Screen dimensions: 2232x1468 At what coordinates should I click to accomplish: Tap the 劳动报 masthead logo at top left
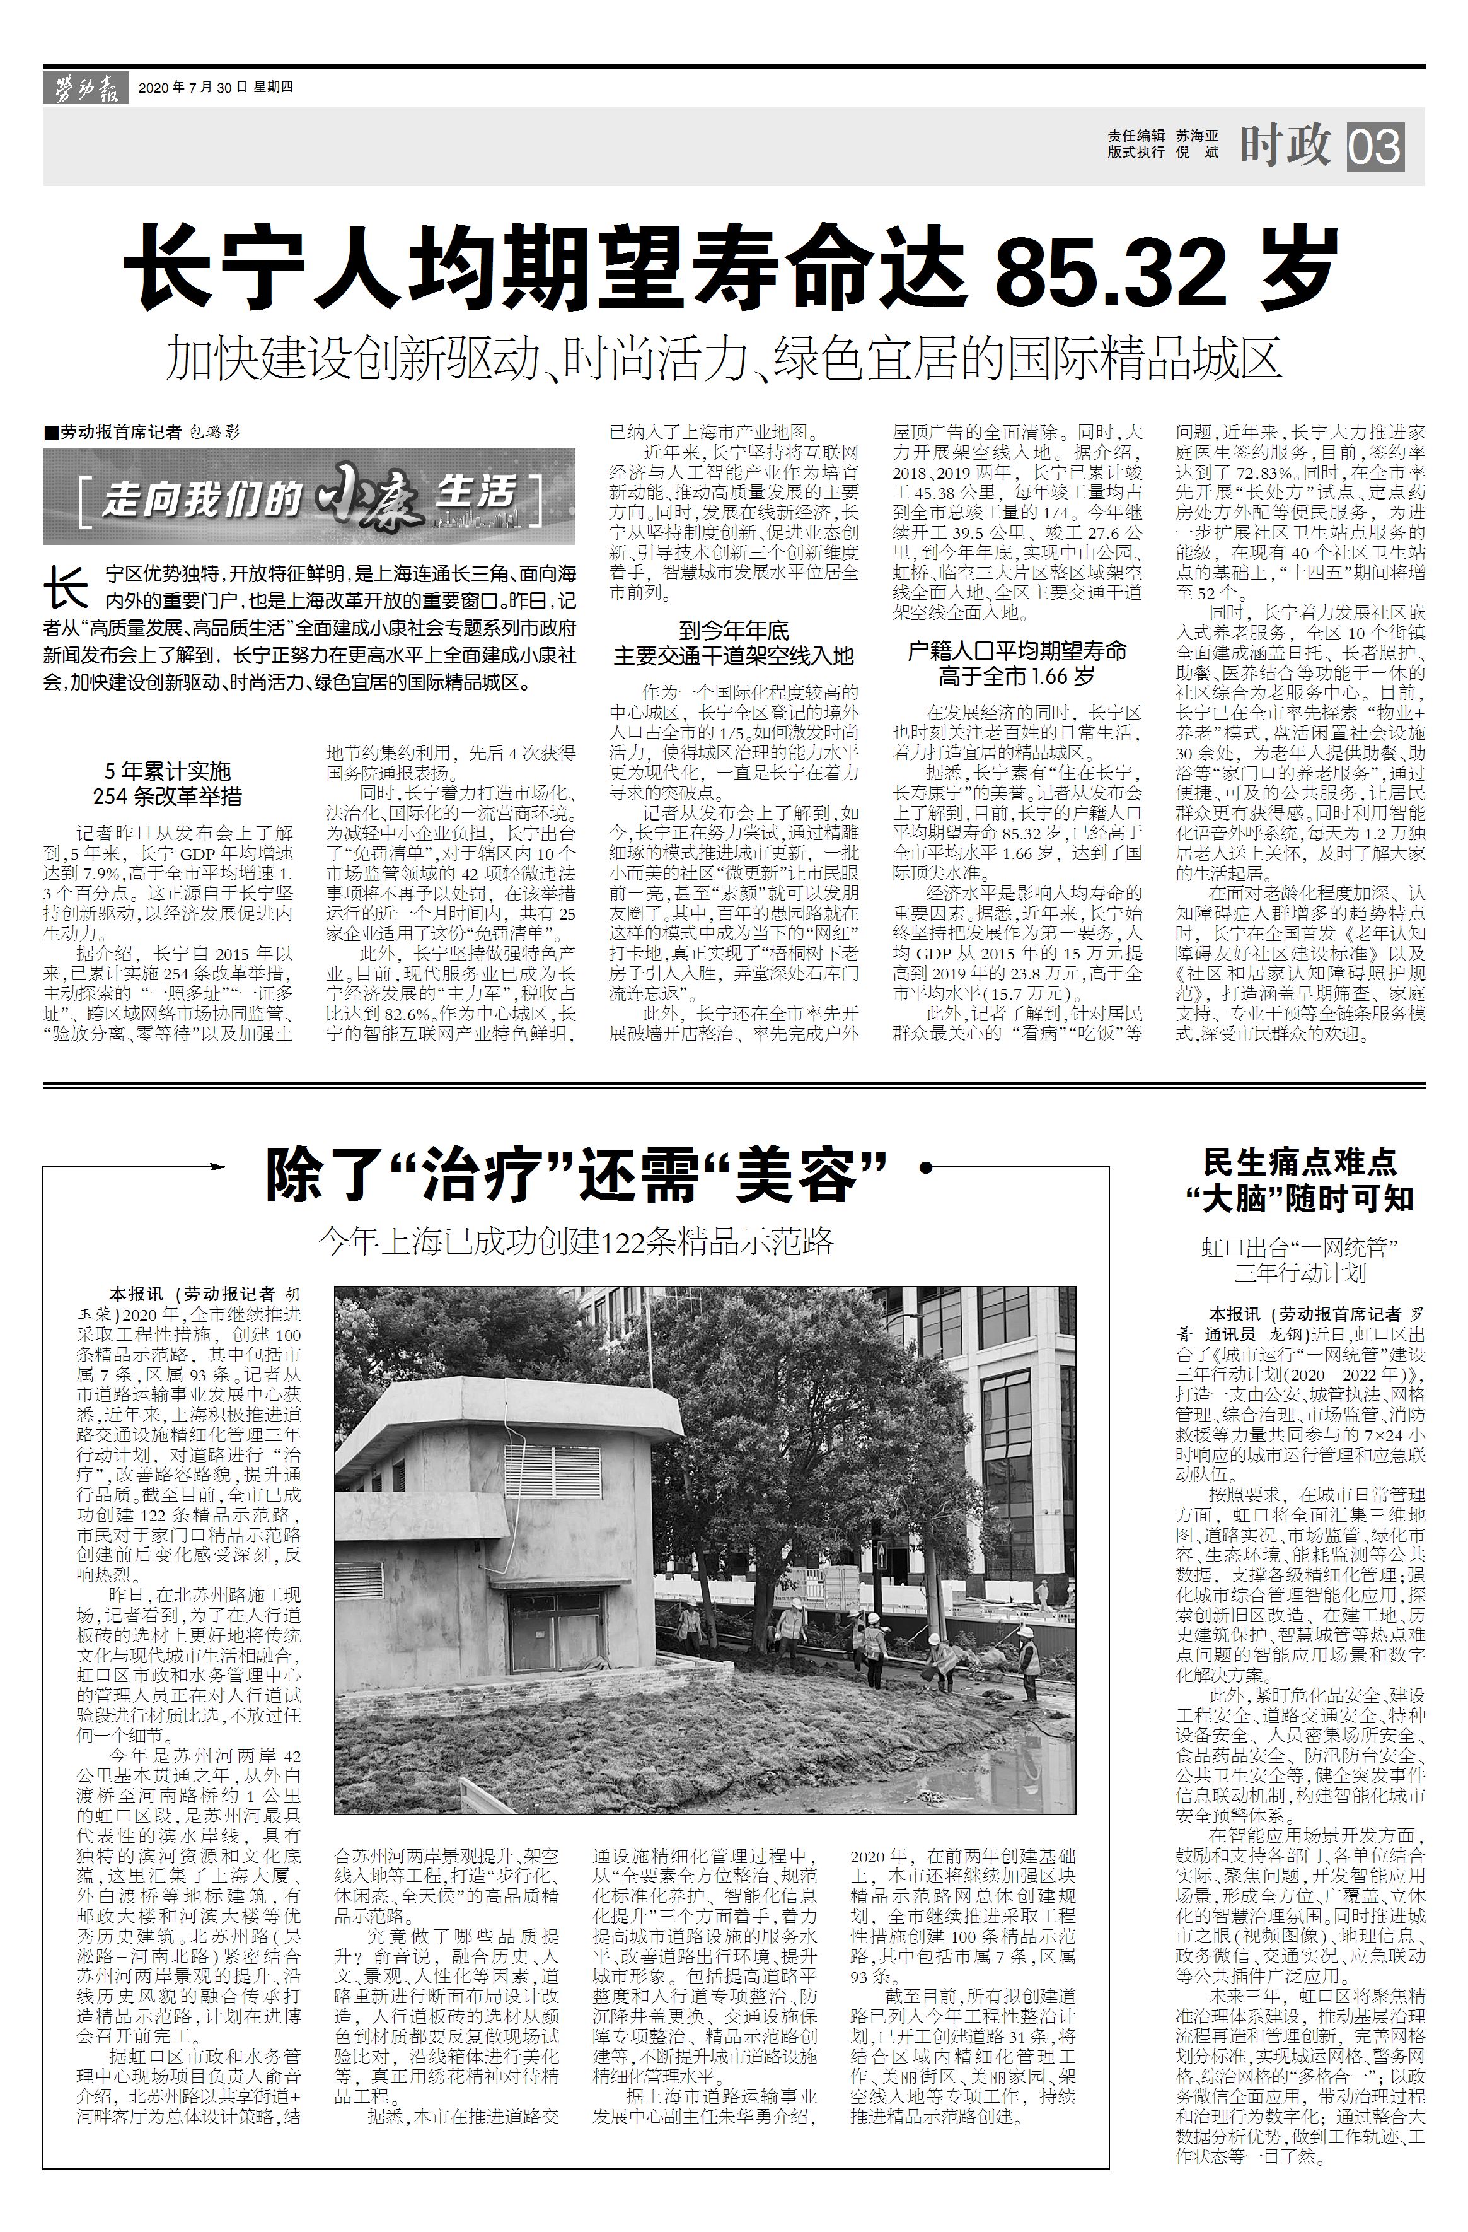(84, 88)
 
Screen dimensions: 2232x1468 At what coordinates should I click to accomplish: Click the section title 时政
(1286, 144)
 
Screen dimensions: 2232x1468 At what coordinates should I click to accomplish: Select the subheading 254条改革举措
(167, 796)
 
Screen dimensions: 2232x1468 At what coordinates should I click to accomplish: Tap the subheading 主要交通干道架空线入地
(733, 655)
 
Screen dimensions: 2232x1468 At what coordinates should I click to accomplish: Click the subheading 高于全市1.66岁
(1017, 675)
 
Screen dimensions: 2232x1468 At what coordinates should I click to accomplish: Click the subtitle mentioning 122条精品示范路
(575, 1242)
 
